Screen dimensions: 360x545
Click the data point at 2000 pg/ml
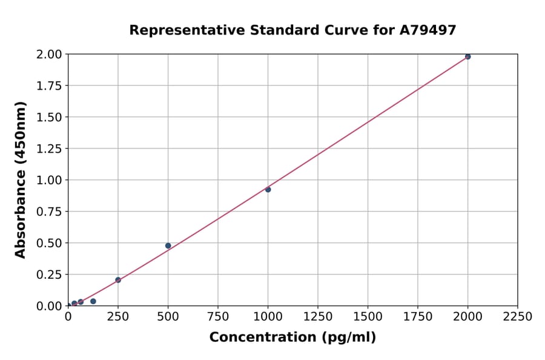pyautogui.click(x=467, y=56)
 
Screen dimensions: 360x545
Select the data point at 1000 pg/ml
pyautogui.click(x=268, y=190)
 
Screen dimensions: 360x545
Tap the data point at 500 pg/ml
pyautogui.click(x=168, y=245)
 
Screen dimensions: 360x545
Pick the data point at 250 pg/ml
pyautogui.click(x=118, y=280)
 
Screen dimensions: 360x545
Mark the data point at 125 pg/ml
pyautogui.click(x=93, y=301)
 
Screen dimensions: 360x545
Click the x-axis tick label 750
pyautogui.click(x=218, y=317)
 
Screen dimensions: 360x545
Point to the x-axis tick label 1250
pyautogui.click(x=318, y=317)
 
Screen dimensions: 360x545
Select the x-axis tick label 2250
pyautogui.click(x=517, y=317)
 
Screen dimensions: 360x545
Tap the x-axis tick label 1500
pyautogui.click(x=368, y=317)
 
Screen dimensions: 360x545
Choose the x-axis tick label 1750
pyautogui.click(x=418, y=317)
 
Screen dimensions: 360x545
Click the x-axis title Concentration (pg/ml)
pyautogui.click(x=292, y=338)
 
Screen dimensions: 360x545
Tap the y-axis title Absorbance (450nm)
pyautogui.click(x=21, y=180)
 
